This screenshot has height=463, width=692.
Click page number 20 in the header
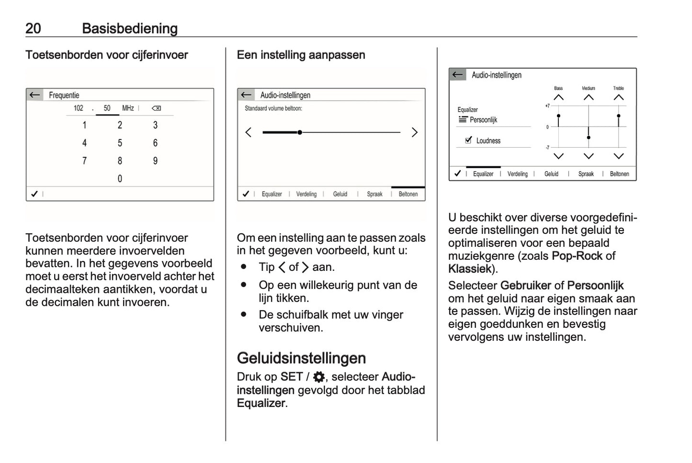33,28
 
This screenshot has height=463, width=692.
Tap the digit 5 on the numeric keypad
120,143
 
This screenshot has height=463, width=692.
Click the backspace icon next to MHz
156,108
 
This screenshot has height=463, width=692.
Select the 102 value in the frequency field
78,108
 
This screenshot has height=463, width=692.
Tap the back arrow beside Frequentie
34,95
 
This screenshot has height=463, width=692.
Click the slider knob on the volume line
299,132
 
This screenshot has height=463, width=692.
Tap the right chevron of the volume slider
414,132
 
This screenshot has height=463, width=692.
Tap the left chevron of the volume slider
248,132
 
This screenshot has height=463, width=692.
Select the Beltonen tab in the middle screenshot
408,194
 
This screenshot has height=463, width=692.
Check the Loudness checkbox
468,140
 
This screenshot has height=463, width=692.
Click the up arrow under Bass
558,97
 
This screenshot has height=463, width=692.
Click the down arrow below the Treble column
618,156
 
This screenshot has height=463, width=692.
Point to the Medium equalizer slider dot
589,138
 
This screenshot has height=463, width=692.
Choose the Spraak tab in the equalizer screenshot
586,174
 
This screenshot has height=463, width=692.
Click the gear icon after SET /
318,377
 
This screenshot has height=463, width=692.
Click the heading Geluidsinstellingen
301,358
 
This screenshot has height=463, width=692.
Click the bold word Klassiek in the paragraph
469,269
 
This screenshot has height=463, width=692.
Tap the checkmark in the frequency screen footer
34,194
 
